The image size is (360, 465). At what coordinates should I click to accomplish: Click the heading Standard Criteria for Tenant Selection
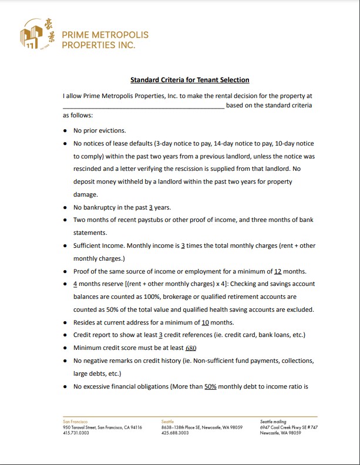[x=190, y=80]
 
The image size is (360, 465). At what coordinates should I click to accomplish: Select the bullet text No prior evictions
[x=99, y=130]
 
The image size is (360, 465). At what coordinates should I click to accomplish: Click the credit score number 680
[x=190, y=348]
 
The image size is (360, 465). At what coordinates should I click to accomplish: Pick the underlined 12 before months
[x=279, y=271]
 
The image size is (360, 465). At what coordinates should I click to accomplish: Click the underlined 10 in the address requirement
[x=206, y=322]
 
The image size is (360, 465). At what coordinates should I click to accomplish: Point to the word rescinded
[x=86, y=170]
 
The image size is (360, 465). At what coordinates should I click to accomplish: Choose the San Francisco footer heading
[x=75, y=422]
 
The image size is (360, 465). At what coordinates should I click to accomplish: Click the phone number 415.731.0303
[x=76, y=433]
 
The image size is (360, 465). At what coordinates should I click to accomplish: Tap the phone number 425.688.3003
[x=174, y=433]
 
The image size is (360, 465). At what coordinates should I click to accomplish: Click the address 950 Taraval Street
[x=80, y=427]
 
